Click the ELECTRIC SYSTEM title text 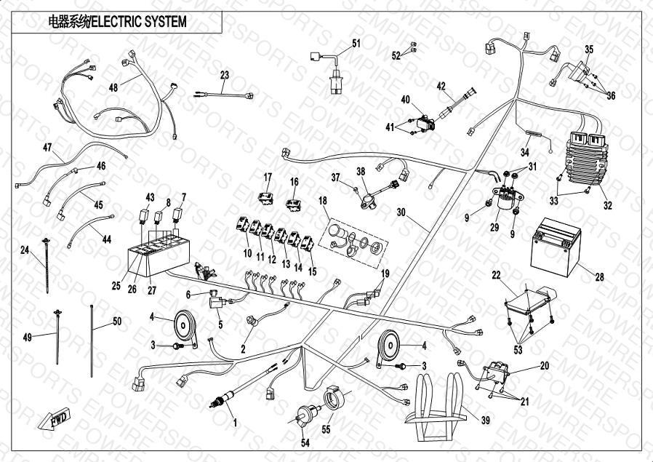[116, 22]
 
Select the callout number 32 [608, 205]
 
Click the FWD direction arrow [51, 420]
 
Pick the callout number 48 [113, 87]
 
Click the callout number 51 [356, 44]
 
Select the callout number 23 [224, 75]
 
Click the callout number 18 [324, 199]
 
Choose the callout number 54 [305, 443]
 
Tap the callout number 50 [116, 321]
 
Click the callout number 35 [589, 49]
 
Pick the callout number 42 [441, 86]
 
